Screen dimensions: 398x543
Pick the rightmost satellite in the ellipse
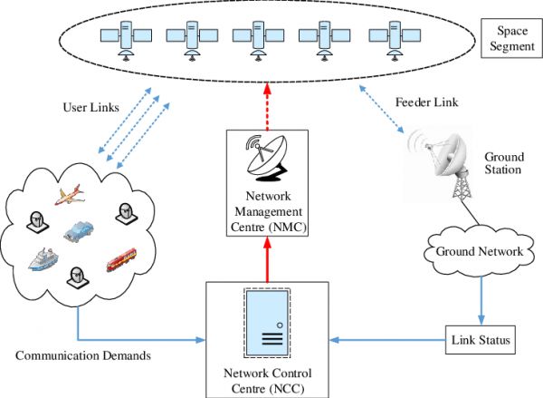click(393, 37)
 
